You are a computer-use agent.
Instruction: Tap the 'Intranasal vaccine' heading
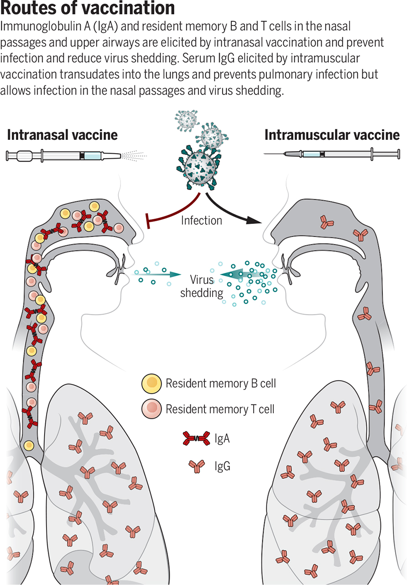[63, 135]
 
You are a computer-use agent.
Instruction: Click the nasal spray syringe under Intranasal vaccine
[64, 156]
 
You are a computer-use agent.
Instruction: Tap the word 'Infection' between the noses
[201, 220]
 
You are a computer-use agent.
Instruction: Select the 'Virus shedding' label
[202, 286]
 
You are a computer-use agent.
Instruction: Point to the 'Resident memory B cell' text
[220, 383]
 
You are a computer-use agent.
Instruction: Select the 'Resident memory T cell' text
[220, 409]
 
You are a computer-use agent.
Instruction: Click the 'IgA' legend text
[222, 440]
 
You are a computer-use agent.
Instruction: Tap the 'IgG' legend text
[222, 466]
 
